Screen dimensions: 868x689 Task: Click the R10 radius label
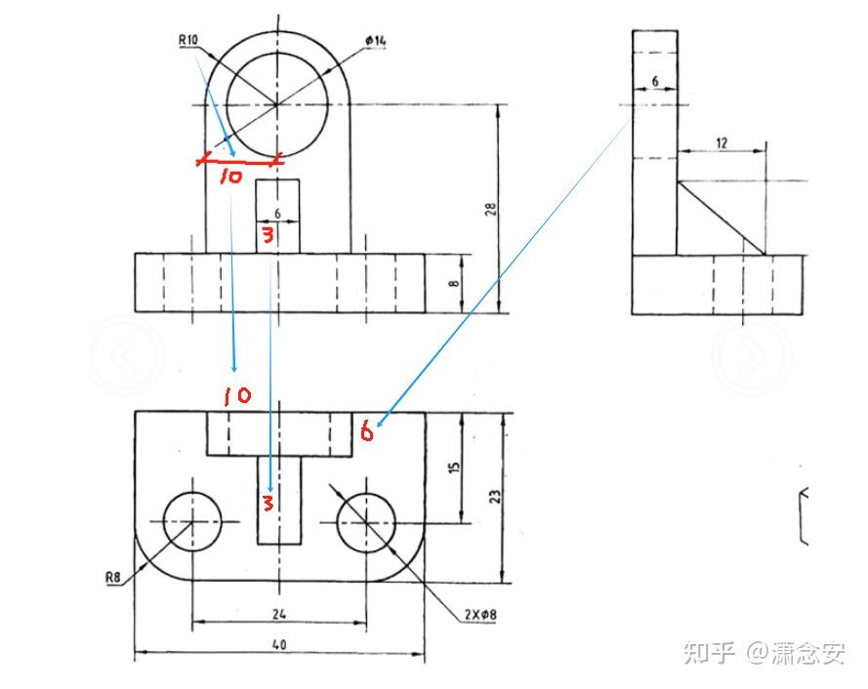(x=188, y=40)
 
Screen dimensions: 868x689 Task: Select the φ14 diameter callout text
(x=376, y=41)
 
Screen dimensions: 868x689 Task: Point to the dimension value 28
(x=490, y=209)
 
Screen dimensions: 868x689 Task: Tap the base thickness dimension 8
(x=454, y=283)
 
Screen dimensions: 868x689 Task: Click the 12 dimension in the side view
(x=722, y=143)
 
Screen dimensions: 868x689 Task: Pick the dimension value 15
(x=454, y=467)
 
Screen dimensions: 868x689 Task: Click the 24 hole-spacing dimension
(x=279, y=614)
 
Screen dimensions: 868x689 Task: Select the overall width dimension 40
(x=279, y=644)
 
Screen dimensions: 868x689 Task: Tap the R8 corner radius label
(x=113, y=578)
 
